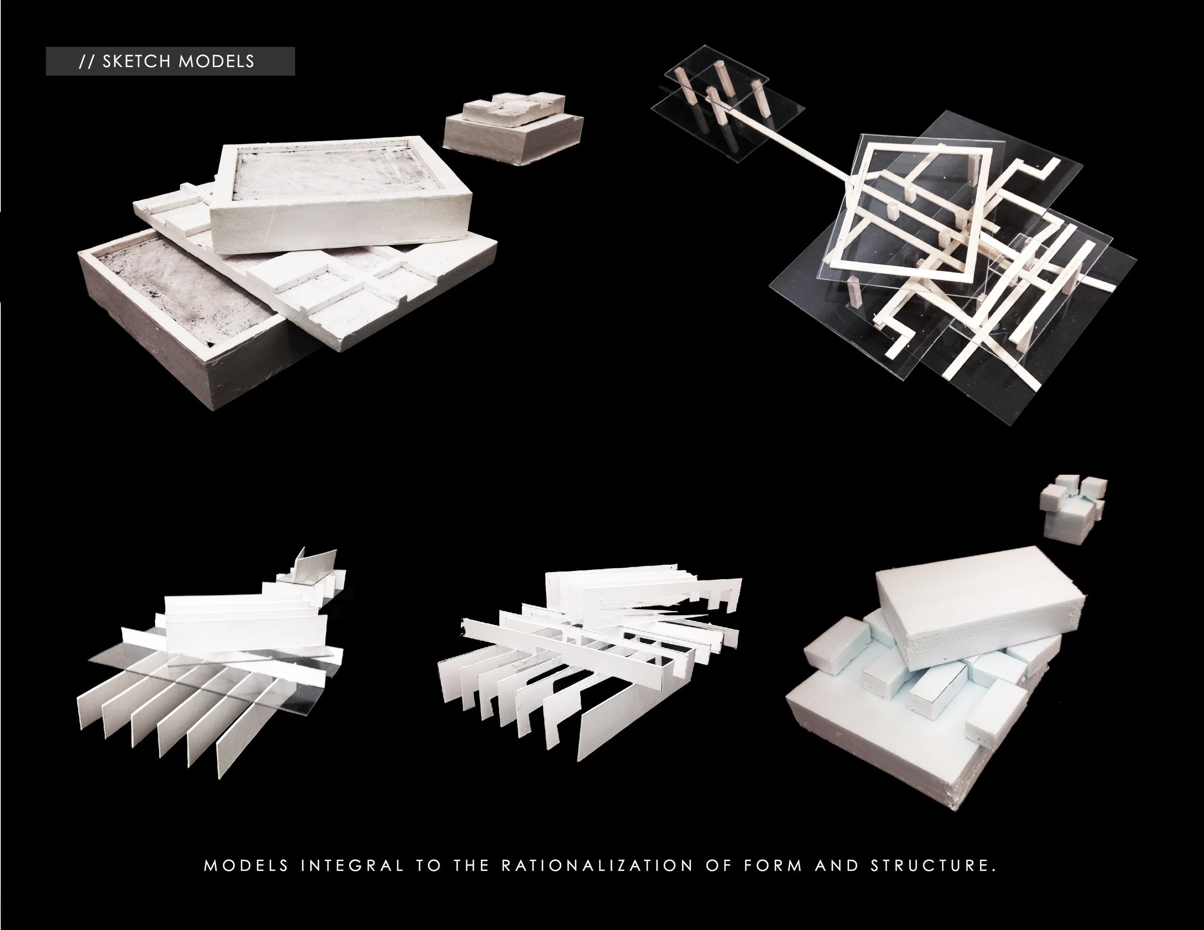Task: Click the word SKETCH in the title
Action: [x=136, y=61]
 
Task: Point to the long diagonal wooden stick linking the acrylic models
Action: [x=783, y=144]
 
